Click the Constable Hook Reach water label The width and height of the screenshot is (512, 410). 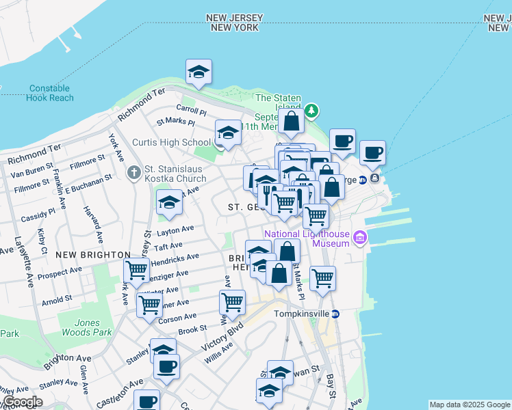coord(50,93)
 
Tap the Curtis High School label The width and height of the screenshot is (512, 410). coord(171,143)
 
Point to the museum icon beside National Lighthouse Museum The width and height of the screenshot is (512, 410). coord(360,238)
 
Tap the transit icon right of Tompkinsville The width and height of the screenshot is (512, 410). coord(335,314)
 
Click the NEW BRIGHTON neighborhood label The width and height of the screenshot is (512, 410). coord(93,254)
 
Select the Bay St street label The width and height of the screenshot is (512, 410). coord(333,385)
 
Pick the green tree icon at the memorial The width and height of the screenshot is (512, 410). coord(311,110)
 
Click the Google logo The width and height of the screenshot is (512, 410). coord(23,402)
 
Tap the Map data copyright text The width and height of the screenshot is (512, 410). coord(470,405)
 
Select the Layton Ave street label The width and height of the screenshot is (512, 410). coord(175,230)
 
